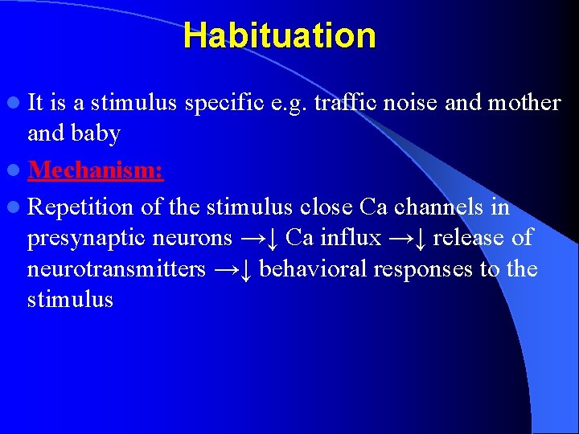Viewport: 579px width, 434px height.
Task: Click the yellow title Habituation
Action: coord(279,36)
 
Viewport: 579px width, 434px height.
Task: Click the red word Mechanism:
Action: coord(96,170)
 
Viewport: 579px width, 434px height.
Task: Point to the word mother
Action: coord(524,103)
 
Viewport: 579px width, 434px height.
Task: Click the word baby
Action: coord(96,133)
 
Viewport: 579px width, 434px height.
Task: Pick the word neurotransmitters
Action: coord(117,268)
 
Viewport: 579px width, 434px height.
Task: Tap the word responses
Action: coord(425,268)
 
